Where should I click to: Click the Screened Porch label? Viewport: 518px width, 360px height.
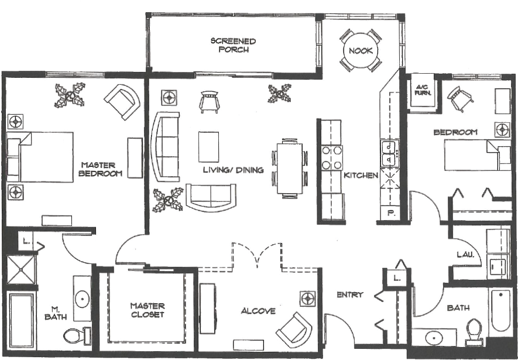point(233,45)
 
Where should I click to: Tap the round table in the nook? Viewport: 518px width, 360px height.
point(361,51)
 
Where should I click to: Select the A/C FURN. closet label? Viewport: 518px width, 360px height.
point(423,90)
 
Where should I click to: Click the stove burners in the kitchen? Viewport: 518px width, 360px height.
point(332,157)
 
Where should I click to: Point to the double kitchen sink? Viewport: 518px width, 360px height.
point(389,153)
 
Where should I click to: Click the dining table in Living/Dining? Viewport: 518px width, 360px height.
point(289,169)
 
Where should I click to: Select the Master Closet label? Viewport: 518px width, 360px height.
point(147,310)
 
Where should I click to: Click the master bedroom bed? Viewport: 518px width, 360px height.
point(40,157)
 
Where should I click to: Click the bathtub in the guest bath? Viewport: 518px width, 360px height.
point(500,310)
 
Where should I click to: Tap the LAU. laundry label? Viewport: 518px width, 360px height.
point(465,255)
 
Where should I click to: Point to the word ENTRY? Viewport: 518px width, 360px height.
point(350,294)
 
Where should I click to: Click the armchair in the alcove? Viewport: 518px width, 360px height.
point(294,330)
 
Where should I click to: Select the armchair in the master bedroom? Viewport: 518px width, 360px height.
point(122,102)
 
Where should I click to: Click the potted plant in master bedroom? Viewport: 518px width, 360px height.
point(70,95)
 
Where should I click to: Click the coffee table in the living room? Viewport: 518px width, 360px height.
point(208,147)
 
